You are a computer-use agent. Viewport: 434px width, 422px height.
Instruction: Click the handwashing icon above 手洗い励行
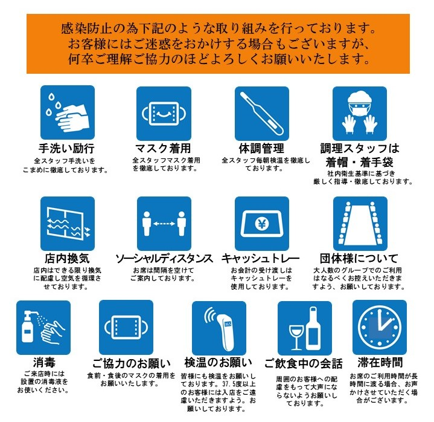point(68,112)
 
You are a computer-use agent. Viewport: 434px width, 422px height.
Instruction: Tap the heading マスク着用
point(163,149)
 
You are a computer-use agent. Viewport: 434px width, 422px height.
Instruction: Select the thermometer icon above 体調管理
point(262,114)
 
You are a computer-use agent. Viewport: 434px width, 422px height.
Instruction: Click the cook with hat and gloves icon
point(360,114)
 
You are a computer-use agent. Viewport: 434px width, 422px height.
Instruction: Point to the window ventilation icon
point(68,224)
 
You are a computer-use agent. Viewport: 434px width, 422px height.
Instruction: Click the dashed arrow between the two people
point(164,224)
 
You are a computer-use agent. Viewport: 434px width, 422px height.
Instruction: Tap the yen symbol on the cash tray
point(261,224)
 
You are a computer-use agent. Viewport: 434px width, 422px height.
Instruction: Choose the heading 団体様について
point(359,258)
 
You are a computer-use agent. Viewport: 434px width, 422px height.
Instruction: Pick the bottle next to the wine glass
point(313,328)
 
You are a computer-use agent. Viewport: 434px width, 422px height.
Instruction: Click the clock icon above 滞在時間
point(380,327)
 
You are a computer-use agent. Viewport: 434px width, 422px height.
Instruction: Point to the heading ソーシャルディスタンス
point(164,258)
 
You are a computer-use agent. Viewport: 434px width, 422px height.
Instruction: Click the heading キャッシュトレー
point(260,258)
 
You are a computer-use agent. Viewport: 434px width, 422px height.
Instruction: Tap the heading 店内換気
point(67,258)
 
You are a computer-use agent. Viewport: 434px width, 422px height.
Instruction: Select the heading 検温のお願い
point(219,362)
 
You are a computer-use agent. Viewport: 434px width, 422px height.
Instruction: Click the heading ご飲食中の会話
point(304,363)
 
